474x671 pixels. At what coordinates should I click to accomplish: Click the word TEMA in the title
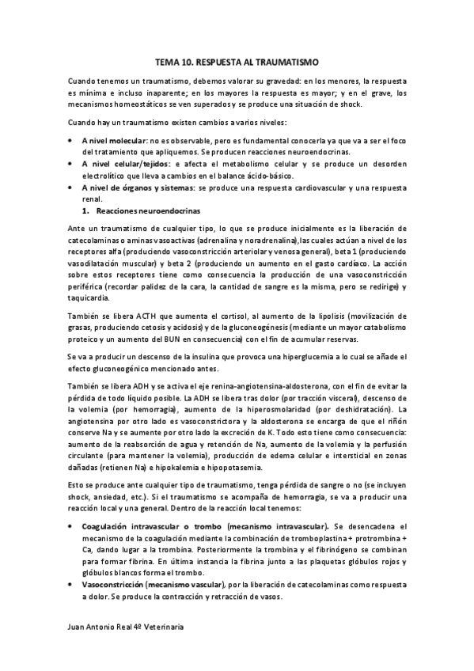tap(166, 61)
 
